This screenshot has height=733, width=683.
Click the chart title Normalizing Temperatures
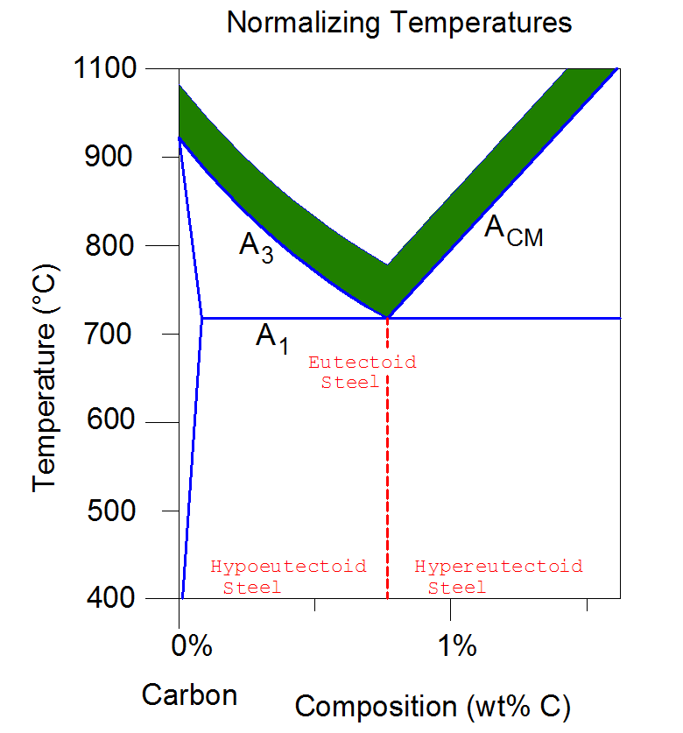[x=399, y=22]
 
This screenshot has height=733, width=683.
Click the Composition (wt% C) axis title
[x=433, y=705]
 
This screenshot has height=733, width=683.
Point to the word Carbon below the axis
[x=190, y=695]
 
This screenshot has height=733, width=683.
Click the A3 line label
[x=256, y=246]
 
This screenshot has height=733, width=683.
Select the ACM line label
[x=513, y=231]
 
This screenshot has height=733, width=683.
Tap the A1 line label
[x=271, y=337]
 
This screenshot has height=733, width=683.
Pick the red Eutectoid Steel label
[x=362, y=372]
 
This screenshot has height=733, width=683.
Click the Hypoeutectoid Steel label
[x=289, y=576]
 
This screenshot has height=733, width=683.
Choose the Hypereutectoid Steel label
[x=498, y=576]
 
